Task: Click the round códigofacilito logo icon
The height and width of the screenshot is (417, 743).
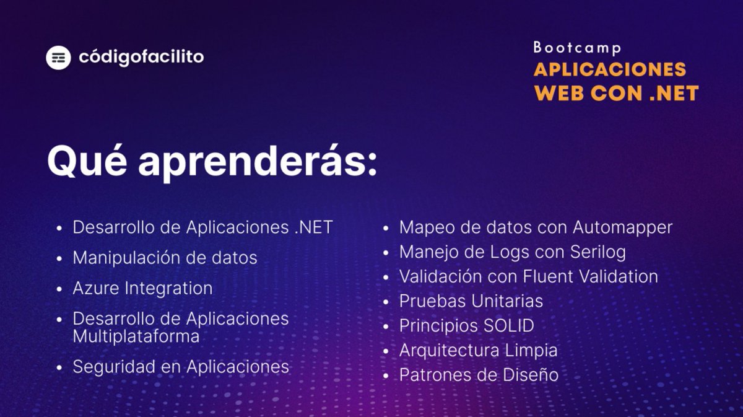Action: point(58,58)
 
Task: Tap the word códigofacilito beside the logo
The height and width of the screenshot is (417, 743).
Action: point(141,58)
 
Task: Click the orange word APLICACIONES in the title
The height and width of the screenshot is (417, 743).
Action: point(610,69)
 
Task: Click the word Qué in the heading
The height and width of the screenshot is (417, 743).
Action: point(86,162)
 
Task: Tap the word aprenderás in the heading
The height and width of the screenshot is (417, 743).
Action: point(257,162)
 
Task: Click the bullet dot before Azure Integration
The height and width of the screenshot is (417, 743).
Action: point(59,289)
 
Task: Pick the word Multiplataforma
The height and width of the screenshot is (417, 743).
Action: point(136,336)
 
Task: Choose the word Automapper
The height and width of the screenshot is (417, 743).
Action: point(622,227)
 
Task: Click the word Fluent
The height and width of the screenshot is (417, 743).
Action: point(539,276)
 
